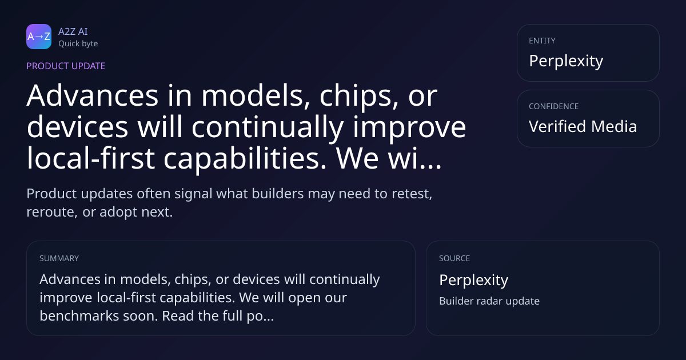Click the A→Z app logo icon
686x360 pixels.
click(39, 37)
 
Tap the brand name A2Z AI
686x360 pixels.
click(73, 31)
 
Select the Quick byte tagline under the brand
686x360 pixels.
click(78, 44)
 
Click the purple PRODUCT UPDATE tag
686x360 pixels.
click(66, 66)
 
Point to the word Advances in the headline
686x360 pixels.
click(93, 96)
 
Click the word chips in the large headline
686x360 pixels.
click(359, 98)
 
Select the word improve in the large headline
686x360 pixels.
click(409, 129)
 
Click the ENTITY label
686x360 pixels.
click(542, 41)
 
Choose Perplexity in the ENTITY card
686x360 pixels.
click(566, 61)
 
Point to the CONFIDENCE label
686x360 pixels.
click(554, 106)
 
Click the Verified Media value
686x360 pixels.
click(583, 126)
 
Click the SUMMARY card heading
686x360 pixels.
click(59, 258)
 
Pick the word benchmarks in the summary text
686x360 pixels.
click(79, 316)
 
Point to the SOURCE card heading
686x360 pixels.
click(454, 258)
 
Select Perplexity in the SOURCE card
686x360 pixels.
click(474, 281)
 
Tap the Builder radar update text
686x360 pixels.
click(489, 301)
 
